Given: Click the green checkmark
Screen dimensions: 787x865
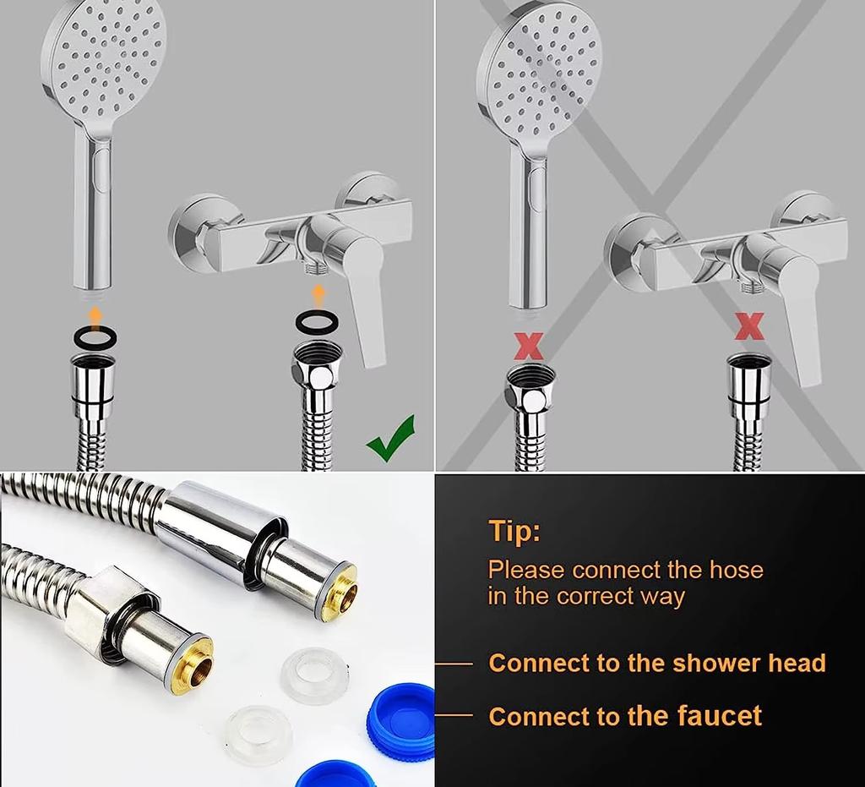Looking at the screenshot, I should tap(390, 438).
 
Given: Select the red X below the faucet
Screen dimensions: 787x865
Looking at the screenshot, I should tap(749, 326).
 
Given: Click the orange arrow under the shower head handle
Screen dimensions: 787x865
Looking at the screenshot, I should tap(95, 316).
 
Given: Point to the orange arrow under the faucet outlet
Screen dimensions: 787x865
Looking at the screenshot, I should tap(318, 295).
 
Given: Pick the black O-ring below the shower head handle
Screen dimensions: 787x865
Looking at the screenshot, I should tap(95, 337).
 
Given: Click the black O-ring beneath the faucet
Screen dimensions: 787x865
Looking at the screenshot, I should tap(317, 322).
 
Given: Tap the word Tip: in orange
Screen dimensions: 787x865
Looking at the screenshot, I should tap(514, 532).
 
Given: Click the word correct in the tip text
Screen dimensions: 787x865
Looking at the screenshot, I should tap(596, 595).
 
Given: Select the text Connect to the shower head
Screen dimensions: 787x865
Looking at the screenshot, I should tap(656, 663).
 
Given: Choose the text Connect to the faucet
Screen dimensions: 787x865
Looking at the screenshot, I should tap(624, 717).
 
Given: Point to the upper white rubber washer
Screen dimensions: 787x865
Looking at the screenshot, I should tap(314, 675).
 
